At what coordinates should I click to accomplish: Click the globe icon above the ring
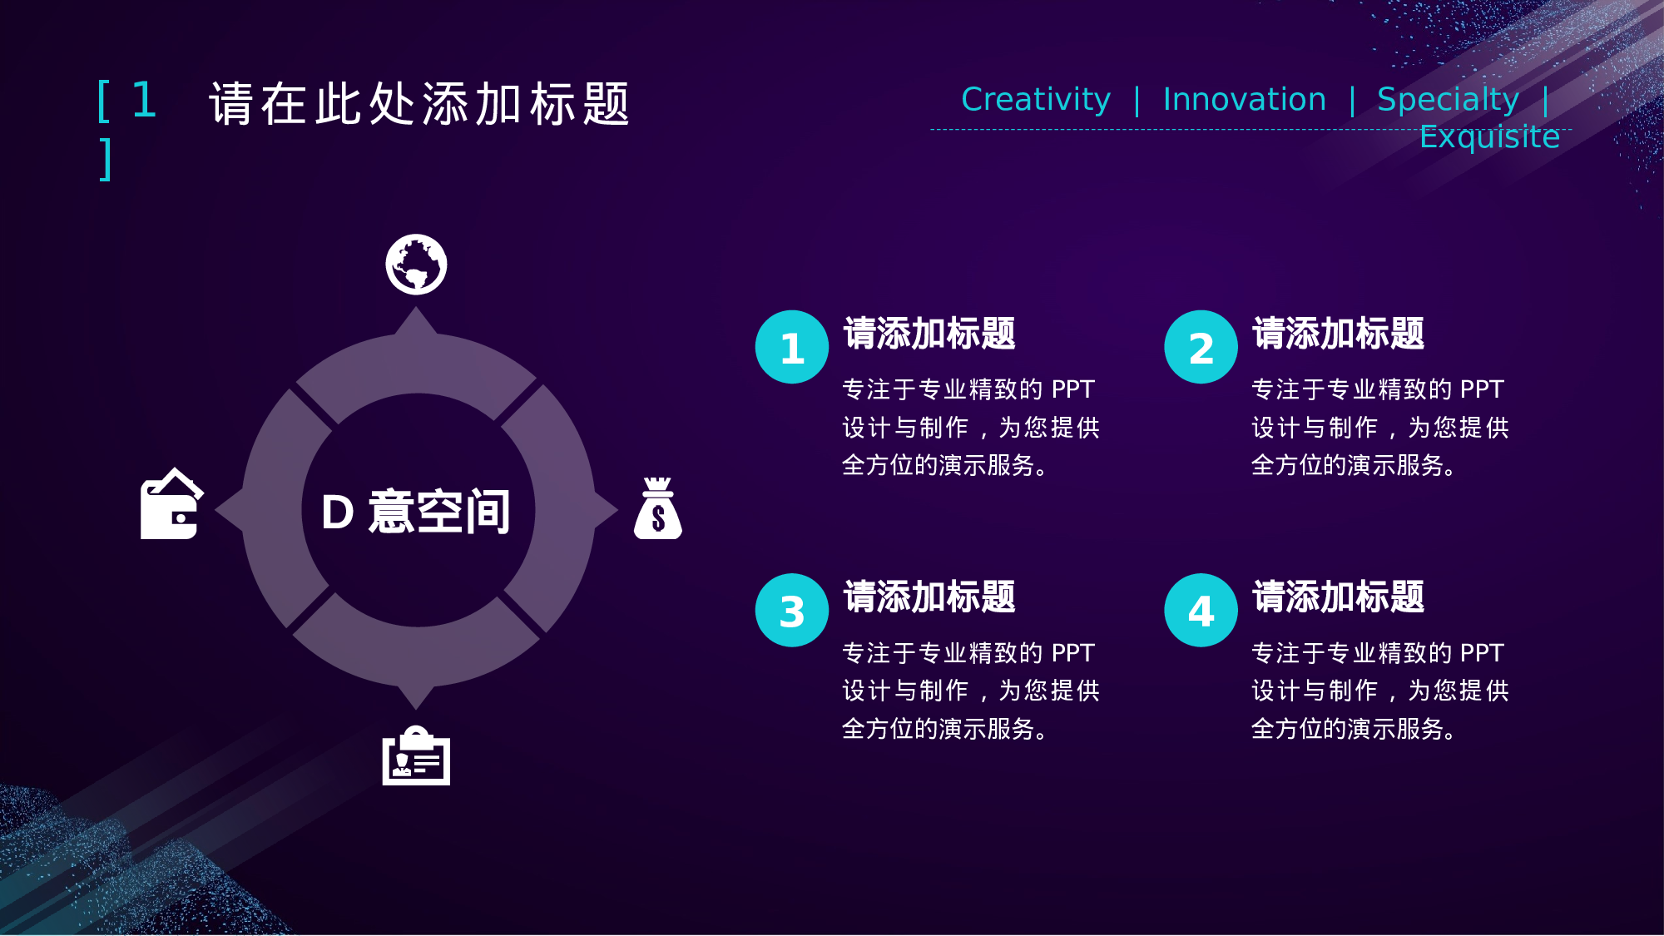tap(416, 265)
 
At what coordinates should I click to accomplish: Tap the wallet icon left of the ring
tap(171, 503)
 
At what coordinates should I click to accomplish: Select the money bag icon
tap(658, 508)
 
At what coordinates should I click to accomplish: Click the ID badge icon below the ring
tap(416, 755)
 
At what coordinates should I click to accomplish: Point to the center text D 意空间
tap(416, 511)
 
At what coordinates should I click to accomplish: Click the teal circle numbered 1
tap(792, 347)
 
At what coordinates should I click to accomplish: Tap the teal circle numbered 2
tap(1201, 347)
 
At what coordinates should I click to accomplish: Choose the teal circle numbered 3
tap(792, 610)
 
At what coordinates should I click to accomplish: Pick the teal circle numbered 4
tap(1201, 610)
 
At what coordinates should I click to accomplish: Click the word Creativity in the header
tap(1036, 100)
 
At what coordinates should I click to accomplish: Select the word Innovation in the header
tap(1245, 99)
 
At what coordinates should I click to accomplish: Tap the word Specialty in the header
tap(1449, 100)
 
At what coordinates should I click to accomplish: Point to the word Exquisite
tap(1490, 137)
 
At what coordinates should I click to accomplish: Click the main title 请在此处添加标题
tap(420, 104)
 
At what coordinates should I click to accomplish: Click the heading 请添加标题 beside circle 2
tap(1339, 334)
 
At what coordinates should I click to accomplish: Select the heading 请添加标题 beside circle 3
tap(929, 597)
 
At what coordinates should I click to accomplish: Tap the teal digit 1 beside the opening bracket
tap(144, 100)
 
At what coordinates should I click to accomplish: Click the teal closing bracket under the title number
tap(106, 159)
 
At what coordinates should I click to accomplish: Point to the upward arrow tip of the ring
tap(416, 308)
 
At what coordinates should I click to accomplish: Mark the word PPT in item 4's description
tap(1482, 653)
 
